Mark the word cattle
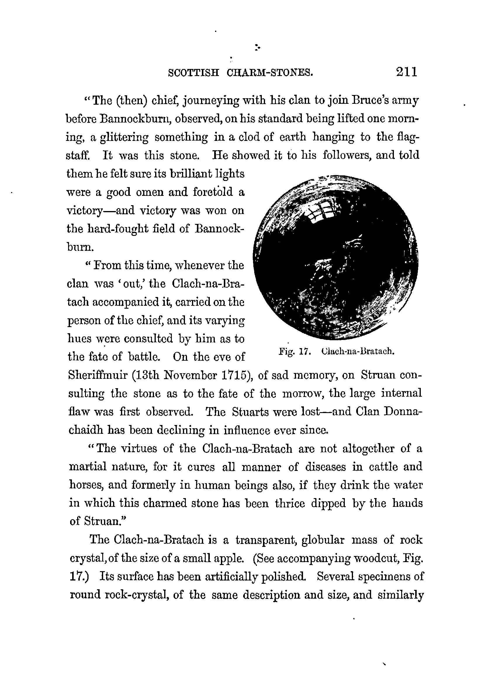click(x=383, y=467)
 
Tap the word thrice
click(x=290, y=503)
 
